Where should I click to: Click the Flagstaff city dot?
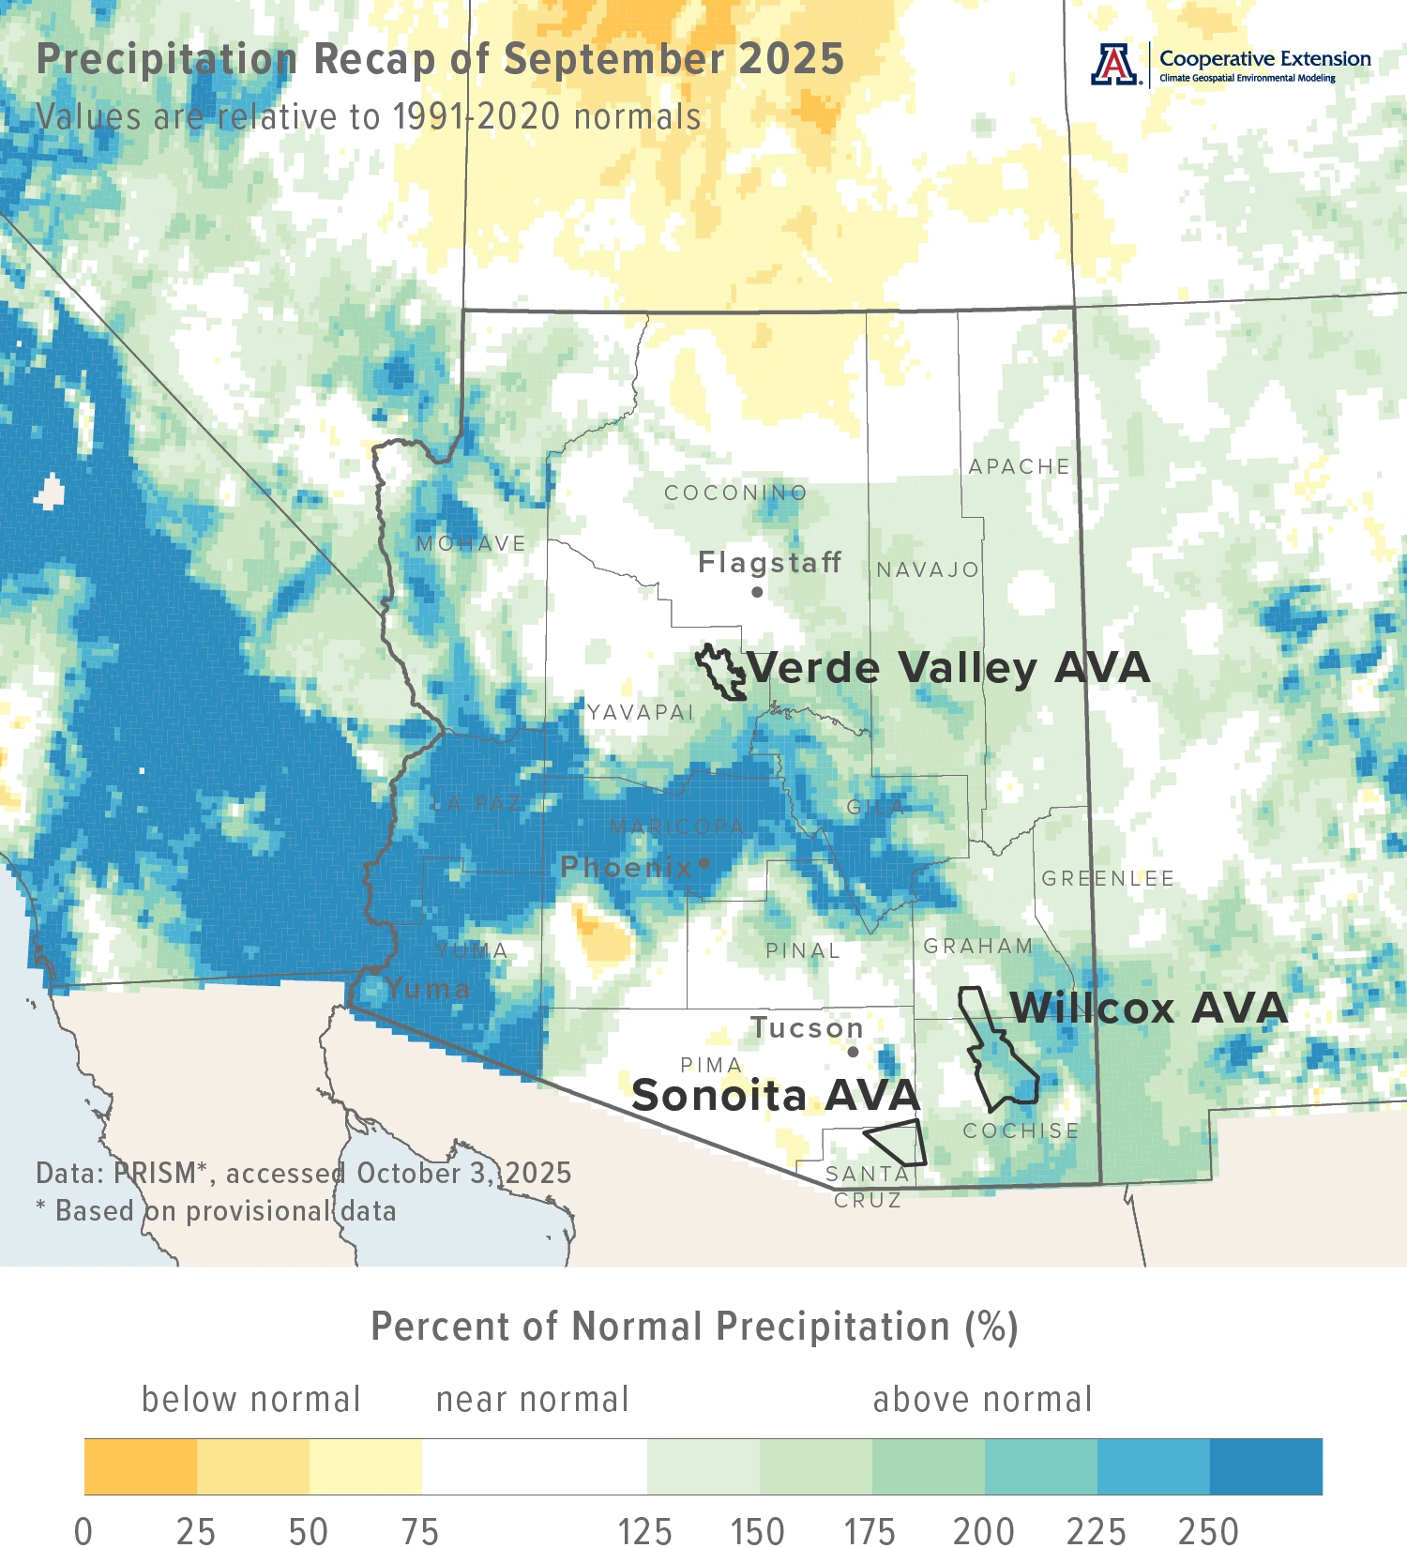click(x=757, y=592)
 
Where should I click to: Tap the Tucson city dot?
click(x=853, y=1052)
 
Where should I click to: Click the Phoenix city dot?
click(x=704, y=863)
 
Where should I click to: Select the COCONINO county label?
click(x=735, y=493)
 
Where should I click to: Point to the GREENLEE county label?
click(x=1108, y=878)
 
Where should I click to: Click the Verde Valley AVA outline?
click(x=720, y=672)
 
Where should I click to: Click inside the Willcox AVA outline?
click(x=1004, y=1070)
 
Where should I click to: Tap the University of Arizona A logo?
click(x=1114, y=65)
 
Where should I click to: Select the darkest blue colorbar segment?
click(x=1265, y=1466)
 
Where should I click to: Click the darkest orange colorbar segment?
click(x=141, y=1466)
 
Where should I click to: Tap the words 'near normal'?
click(x=532, y=1399)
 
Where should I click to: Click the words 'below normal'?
click(x=250, y=1399)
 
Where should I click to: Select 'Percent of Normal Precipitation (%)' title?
click(x=694, y=1327)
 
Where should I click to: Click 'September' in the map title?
click(x=613, y=59)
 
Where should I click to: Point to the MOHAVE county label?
click(x=471, y=543)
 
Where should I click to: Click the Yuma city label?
click(x=428, y=988)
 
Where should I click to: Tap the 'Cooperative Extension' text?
click(x=1264, y=59)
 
